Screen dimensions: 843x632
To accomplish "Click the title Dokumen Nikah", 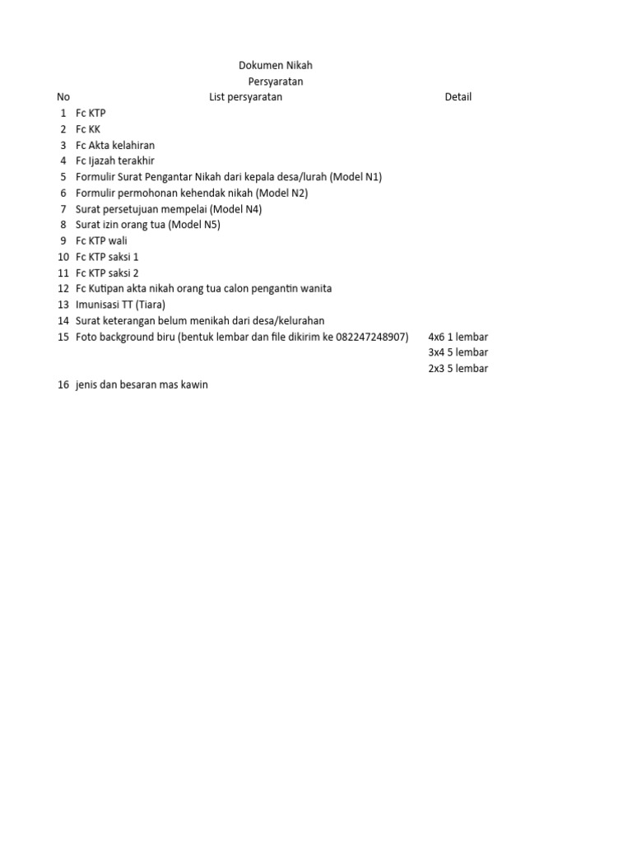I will pos(275,66).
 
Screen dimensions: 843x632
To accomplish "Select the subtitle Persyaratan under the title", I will pos(275,82).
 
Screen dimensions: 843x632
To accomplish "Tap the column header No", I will pos(63,97).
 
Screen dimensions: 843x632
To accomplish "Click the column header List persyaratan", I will pos(245,97).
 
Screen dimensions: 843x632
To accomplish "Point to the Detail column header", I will pos(458,97).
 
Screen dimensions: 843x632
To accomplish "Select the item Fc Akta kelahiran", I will pos(114,145).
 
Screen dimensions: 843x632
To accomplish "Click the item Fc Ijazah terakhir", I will pos(114,161).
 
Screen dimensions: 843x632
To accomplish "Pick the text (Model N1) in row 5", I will pos(355,177).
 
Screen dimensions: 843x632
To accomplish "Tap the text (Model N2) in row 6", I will pos(281,193).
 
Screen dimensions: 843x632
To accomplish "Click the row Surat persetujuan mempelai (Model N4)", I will pos(168,209).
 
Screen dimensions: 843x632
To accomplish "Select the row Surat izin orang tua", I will pos(147,225).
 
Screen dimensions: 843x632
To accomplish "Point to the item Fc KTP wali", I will pos(101,240).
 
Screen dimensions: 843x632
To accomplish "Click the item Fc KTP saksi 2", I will pos(107,272).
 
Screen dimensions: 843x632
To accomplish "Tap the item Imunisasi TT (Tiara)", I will pos(120,305).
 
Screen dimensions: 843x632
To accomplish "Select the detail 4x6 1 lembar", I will pos(458,337).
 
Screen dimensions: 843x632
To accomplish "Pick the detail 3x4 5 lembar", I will pos(458,352).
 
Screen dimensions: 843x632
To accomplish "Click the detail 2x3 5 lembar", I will pos(458,368).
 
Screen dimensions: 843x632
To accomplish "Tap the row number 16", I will pos(63,384).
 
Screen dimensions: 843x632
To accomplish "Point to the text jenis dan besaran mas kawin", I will pos(142,384).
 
